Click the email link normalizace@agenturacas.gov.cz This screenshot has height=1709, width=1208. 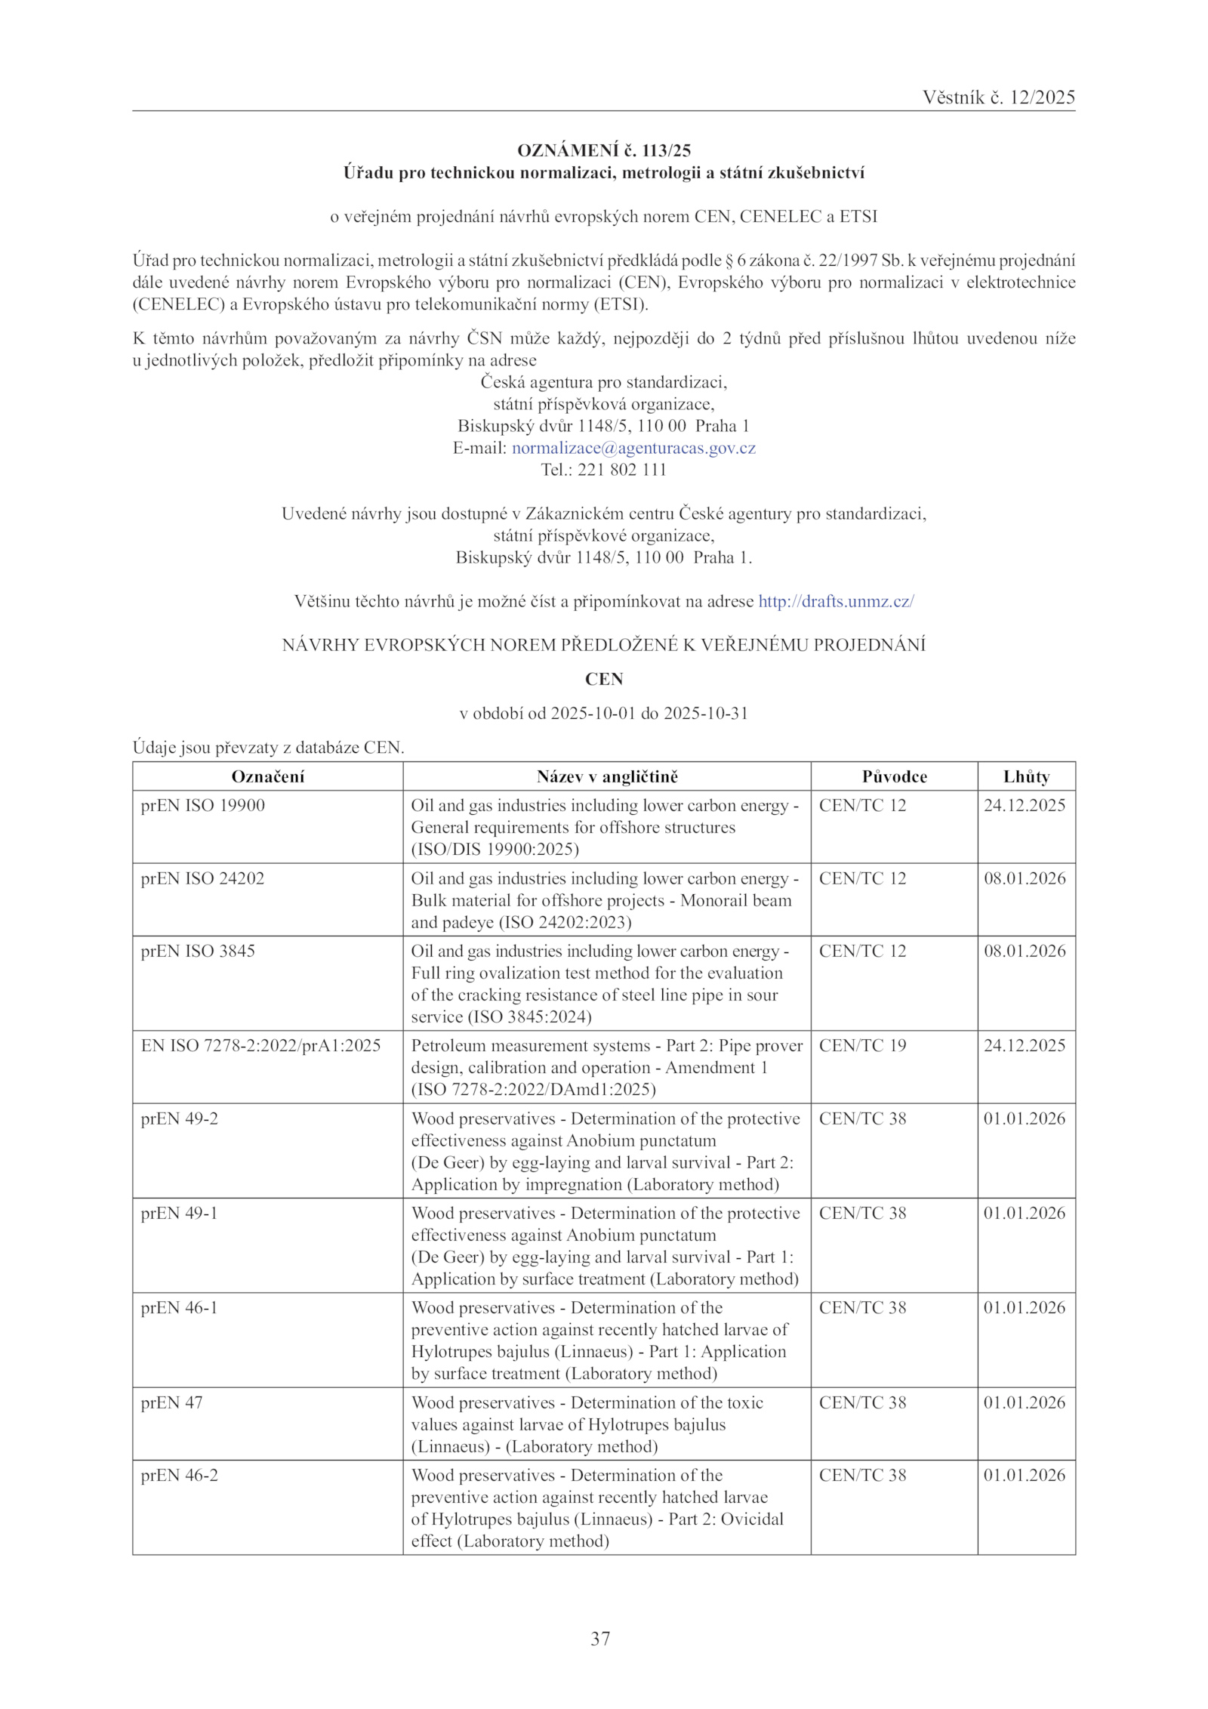coord(633,448)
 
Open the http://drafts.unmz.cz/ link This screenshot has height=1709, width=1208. coord(836,601)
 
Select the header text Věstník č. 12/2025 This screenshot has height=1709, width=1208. coord(998,97)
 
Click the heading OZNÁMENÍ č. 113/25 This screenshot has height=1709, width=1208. coord(604,150)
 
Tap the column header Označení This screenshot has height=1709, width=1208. coord(267,776)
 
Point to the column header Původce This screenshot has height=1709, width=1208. coord(894,776)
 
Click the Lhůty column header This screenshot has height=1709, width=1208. coord(1026,776)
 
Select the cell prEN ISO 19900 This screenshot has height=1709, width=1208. coord(203,805)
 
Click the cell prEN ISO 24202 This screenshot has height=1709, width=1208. coord(202,878)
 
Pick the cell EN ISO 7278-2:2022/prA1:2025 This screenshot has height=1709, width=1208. coord(260,1045)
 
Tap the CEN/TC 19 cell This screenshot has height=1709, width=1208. coord(862,1045)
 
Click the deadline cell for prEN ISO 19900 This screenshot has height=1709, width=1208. coord(1024,805)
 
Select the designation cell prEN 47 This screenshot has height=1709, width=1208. coord(172,1402)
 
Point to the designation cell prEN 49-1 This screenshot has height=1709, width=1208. coord(179,1213)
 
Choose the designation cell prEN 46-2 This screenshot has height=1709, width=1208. coord(179,1475)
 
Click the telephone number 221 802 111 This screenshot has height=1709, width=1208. coord(621,470)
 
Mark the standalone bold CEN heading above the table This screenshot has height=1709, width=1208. coord(604,679)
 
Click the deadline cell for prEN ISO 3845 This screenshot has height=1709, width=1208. coord(1024,951)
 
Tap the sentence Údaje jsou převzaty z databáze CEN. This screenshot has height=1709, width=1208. coord(269,748)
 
